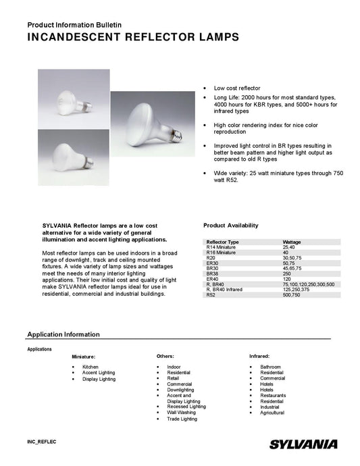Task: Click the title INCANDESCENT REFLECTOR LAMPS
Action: click(133, 38)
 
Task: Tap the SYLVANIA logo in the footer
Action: click(303, 444)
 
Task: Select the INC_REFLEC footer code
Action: click(41, 441)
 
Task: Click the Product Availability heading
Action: click(230, 225)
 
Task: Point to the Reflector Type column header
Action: click(222, 241)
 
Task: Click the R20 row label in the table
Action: click(211, 257)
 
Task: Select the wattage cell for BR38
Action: click(286, 274)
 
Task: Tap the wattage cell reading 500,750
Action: click(292, 295)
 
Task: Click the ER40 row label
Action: click(212, 279)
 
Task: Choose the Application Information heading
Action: click(63, 334)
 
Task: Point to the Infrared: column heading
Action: click(259, 355)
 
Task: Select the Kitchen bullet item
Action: click(91, 367)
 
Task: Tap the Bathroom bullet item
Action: click(270, 367)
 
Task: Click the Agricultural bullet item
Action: click(272, 413)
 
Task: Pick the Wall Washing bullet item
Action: click(181, 412)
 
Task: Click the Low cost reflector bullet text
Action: click(237, 88)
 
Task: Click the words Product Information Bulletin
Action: click(74, 24)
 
